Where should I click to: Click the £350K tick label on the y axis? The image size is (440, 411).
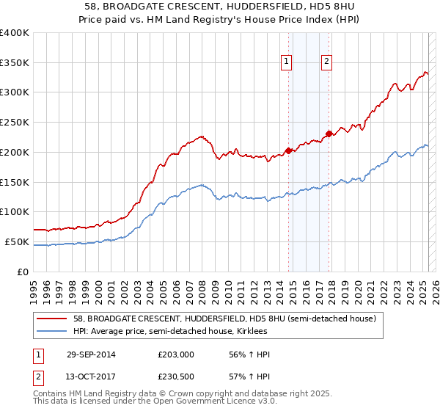15,63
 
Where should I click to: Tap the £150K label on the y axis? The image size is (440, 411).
15,182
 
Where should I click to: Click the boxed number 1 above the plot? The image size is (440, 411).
286,62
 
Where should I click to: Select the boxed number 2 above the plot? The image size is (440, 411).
326,62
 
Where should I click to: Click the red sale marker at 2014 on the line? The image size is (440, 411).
288,150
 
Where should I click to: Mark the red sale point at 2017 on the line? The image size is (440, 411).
329,134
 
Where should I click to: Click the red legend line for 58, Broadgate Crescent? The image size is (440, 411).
51,319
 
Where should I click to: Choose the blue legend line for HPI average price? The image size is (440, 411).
51,331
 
